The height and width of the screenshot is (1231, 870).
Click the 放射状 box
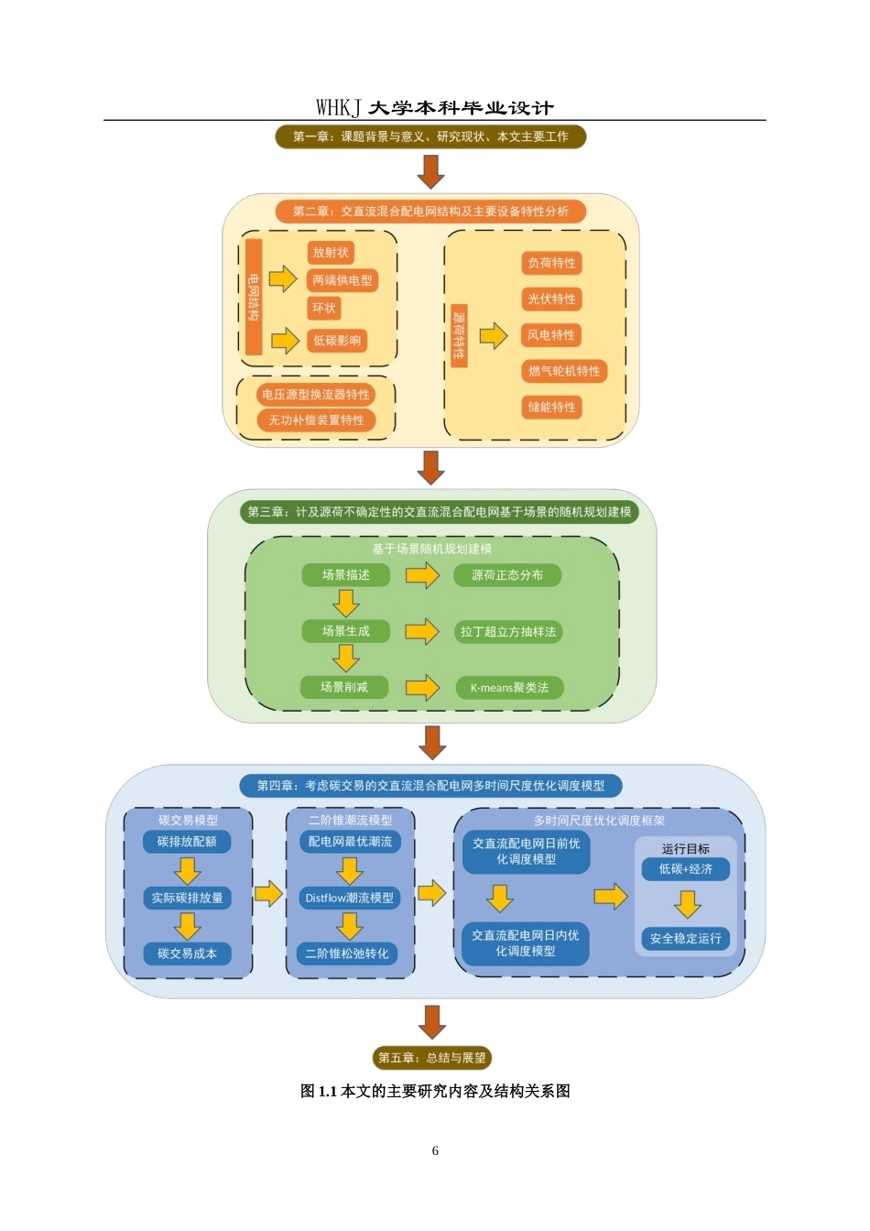331,252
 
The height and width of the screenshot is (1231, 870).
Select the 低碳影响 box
337,340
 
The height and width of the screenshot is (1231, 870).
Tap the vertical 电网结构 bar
254,297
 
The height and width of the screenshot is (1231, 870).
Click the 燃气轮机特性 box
564,371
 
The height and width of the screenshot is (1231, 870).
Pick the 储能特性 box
551,408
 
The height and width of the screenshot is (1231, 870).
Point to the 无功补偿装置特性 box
316,420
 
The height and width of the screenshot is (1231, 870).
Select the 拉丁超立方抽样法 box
508,631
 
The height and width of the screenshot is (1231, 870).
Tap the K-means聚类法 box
509,688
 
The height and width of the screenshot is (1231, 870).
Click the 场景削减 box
344,687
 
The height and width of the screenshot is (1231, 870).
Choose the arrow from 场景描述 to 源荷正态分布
422,575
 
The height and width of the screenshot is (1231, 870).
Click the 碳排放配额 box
187,842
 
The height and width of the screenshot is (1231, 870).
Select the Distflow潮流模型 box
350,898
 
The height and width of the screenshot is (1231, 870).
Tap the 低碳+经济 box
686,869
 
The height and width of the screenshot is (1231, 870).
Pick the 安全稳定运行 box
686,938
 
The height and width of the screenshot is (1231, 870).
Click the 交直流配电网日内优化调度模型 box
526,943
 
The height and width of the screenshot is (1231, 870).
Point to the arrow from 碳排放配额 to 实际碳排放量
188,870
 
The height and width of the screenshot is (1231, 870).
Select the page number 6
435,1150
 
